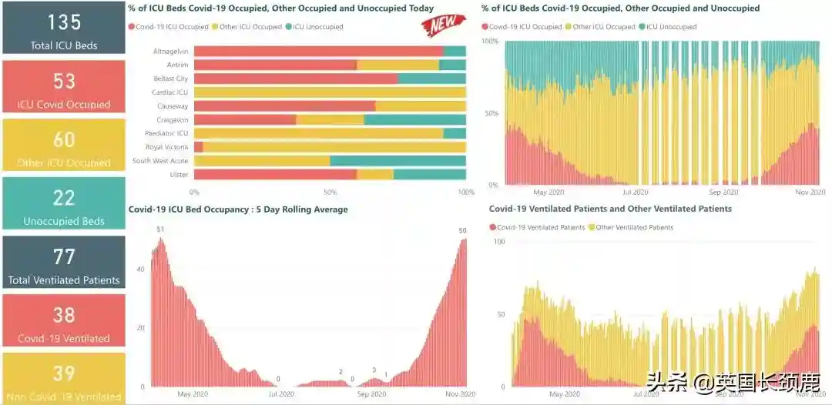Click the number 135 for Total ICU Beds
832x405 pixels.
pyautogui.click(x=64, y=22)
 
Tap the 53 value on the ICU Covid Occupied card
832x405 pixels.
pyautogui.click(x=64, y=81)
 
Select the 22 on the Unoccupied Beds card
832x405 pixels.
pyautogui.click(x=64, y=198)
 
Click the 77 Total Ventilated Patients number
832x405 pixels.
pyautogui.click(x=64, y=256)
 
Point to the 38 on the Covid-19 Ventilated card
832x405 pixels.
pyautogui.click(x=64, y=315)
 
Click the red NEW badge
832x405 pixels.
pyautogui.click(x=444, y=25)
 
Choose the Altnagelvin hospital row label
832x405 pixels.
pyautogui.click(x=170, y=51)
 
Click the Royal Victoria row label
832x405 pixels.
pyautogui.click(x=166, y=147)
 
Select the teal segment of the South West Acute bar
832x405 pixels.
pyautogui.click(x=398, y=161)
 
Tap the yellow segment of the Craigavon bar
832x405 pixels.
pyautogui.click(x=330, y=119)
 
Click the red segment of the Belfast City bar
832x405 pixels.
pyautogui.click(x=296, y=79)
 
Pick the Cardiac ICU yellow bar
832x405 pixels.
pyautogui.click(x=330, y=92)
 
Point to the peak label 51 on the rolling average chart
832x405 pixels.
pyautogui.click(x=160, y=229)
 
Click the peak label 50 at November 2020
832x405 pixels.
pyautogui.click(x=462, y=231)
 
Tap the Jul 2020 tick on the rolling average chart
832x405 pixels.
pyautogui.click(x=280, y=394)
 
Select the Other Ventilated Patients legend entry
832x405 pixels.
pyautogui.click(x=635, y=227)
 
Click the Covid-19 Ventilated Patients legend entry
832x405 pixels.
pyautogui.click(x=540, y=227)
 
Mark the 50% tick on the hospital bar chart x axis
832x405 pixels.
pyautogui.click(x=330, y=192)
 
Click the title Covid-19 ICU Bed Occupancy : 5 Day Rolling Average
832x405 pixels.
pyautogui.click(x=238, y=209)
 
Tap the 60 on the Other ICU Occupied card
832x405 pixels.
pyautogui.click(x=64, y=139)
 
